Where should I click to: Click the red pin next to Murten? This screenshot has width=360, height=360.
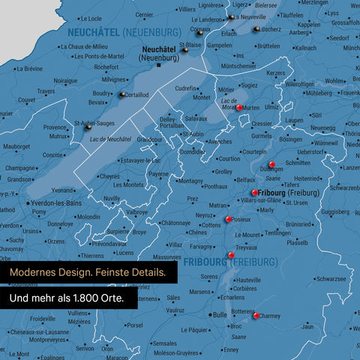coord(239,108)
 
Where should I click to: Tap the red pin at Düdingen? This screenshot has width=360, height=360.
coord(271,164)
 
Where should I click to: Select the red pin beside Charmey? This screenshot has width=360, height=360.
coord(256,316)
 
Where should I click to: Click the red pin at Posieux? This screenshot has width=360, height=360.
coord(228,220)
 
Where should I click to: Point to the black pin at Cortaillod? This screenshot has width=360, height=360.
coord(121,94)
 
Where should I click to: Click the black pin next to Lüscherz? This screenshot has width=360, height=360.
coord(257,29)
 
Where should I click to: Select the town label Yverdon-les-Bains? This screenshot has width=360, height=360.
coord(52,204)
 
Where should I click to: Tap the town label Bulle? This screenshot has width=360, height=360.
coord(220,315)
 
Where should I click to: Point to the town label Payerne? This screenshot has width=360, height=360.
coord(158,174)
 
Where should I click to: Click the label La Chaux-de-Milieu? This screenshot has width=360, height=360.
coord(82,46)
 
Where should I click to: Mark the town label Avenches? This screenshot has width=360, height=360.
coord(220,141)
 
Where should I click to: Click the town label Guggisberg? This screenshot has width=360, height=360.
coord(334,212)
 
